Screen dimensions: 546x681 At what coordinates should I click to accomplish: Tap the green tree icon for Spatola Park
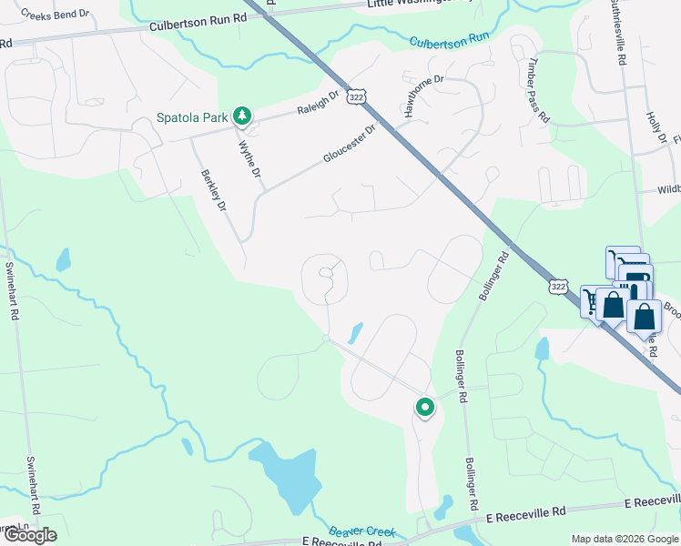click(241, 116)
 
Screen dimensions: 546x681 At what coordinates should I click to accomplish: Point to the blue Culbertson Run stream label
click(449, 41)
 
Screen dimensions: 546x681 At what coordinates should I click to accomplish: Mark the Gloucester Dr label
click(349, 144)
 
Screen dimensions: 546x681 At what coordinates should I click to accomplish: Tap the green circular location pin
click(424, 409)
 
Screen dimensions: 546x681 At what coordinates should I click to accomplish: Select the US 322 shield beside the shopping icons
click(559, 287)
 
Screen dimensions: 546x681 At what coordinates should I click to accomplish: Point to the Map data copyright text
click(624, 539)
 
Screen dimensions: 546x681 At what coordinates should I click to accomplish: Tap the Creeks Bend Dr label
click(56, 15)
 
